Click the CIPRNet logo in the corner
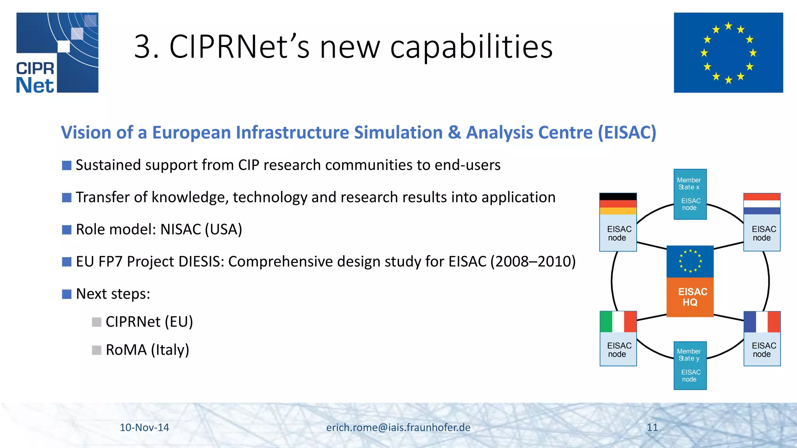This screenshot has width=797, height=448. (57, 52)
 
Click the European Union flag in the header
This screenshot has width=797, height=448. (728, 52)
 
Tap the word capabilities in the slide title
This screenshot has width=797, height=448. (471, 47)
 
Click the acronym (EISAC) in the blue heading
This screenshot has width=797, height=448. (627, 133)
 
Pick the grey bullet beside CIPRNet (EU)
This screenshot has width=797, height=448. (97, 322)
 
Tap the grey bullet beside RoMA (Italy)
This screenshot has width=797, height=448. (97, 350)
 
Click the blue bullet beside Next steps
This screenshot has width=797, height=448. (67, 294)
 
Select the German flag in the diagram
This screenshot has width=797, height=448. (618, 204)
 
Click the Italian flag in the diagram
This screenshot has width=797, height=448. (618, 322)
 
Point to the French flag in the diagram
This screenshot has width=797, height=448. (762, 322)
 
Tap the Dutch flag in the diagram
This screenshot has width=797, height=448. (762, 204)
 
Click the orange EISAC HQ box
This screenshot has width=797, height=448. (690, 297)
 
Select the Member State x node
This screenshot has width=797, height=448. (690, 194)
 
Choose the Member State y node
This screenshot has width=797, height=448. (690, 366)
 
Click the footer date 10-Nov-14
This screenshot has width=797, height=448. (144, 427)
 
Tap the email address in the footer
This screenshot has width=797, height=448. (398, 427)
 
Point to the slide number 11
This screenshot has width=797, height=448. (652, 427)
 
